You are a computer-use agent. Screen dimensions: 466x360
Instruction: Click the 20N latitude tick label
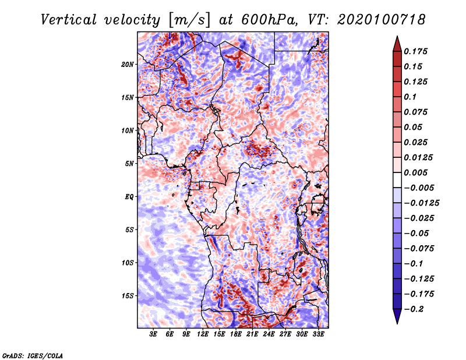127,65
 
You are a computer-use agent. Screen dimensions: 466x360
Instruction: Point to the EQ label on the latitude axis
129,197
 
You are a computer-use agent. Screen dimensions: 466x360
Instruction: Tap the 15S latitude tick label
127,296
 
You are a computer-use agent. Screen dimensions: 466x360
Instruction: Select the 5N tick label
129,164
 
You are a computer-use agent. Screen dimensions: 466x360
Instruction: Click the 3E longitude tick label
153,334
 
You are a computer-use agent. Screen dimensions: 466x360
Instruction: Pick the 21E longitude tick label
252,334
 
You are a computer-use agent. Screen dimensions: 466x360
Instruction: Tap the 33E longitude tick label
318,334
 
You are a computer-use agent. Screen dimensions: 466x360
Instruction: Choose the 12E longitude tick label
203,334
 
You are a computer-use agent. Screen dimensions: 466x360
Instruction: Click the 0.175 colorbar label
415,51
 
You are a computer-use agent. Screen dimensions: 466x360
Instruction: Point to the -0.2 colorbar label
413,309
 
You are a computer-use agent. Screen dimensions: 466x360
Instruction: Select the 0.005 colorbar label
415,172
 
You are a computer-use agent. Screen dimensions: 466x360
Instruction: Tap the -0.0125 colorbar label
421,203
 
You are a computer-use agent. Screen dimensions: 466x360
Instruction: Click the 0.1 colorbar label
410,97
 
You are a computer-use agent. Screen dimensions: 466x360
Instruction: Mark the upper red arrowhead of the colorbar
397,44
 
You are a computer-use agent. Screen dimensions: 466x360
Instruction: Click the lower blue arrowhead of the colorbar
397,316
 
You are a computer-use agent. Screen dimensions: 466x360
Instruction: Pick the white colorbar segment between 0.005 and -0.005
397,180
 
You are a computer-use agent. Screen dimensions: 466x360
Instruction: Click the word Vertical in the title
69,20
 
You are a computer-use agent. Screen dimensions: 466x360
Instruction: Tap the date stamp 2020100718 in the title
382,20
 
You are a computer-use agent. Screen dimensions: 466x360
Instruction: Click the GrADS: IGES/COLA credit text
33,355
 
